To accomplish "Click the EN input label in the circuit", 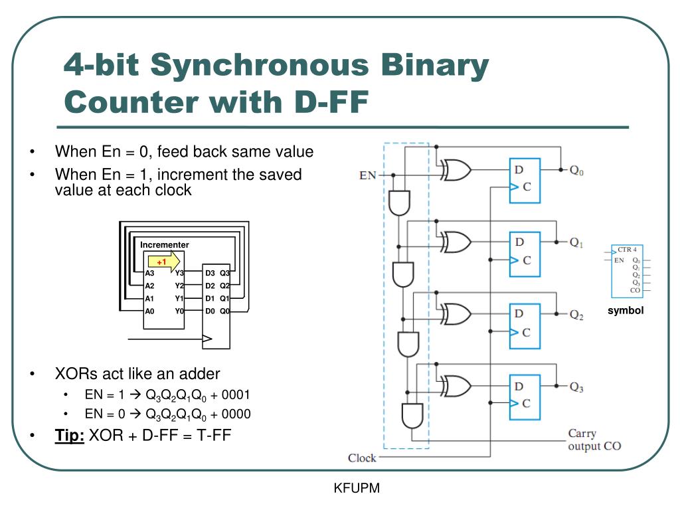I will click(367, 175).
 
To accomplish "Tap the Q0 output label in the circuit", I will click(576, 170).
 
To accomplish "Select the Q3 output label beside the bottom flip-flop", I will click(576, 388).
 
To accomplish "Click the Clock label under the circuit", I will click(362, 458).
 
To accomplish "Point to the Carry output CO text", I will click(594, 440).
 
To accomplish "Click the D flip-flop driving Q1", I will click(525, 254).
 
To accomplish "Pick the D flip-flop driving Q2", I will click(525, 326).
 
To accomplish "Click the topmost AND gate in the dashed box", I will click(400, 203).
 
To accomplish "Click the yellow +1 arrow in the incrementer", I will click(163, 261).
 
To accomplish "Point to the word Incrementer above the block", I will click(165, 245).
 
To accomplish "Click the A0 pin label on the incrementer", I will click(149, 311).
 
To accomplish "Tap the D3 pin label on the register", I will click(210, 273).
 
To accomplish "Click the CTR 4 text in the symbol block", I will click(627, 250).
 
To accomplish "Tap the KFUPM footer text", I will click(357, 488).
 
